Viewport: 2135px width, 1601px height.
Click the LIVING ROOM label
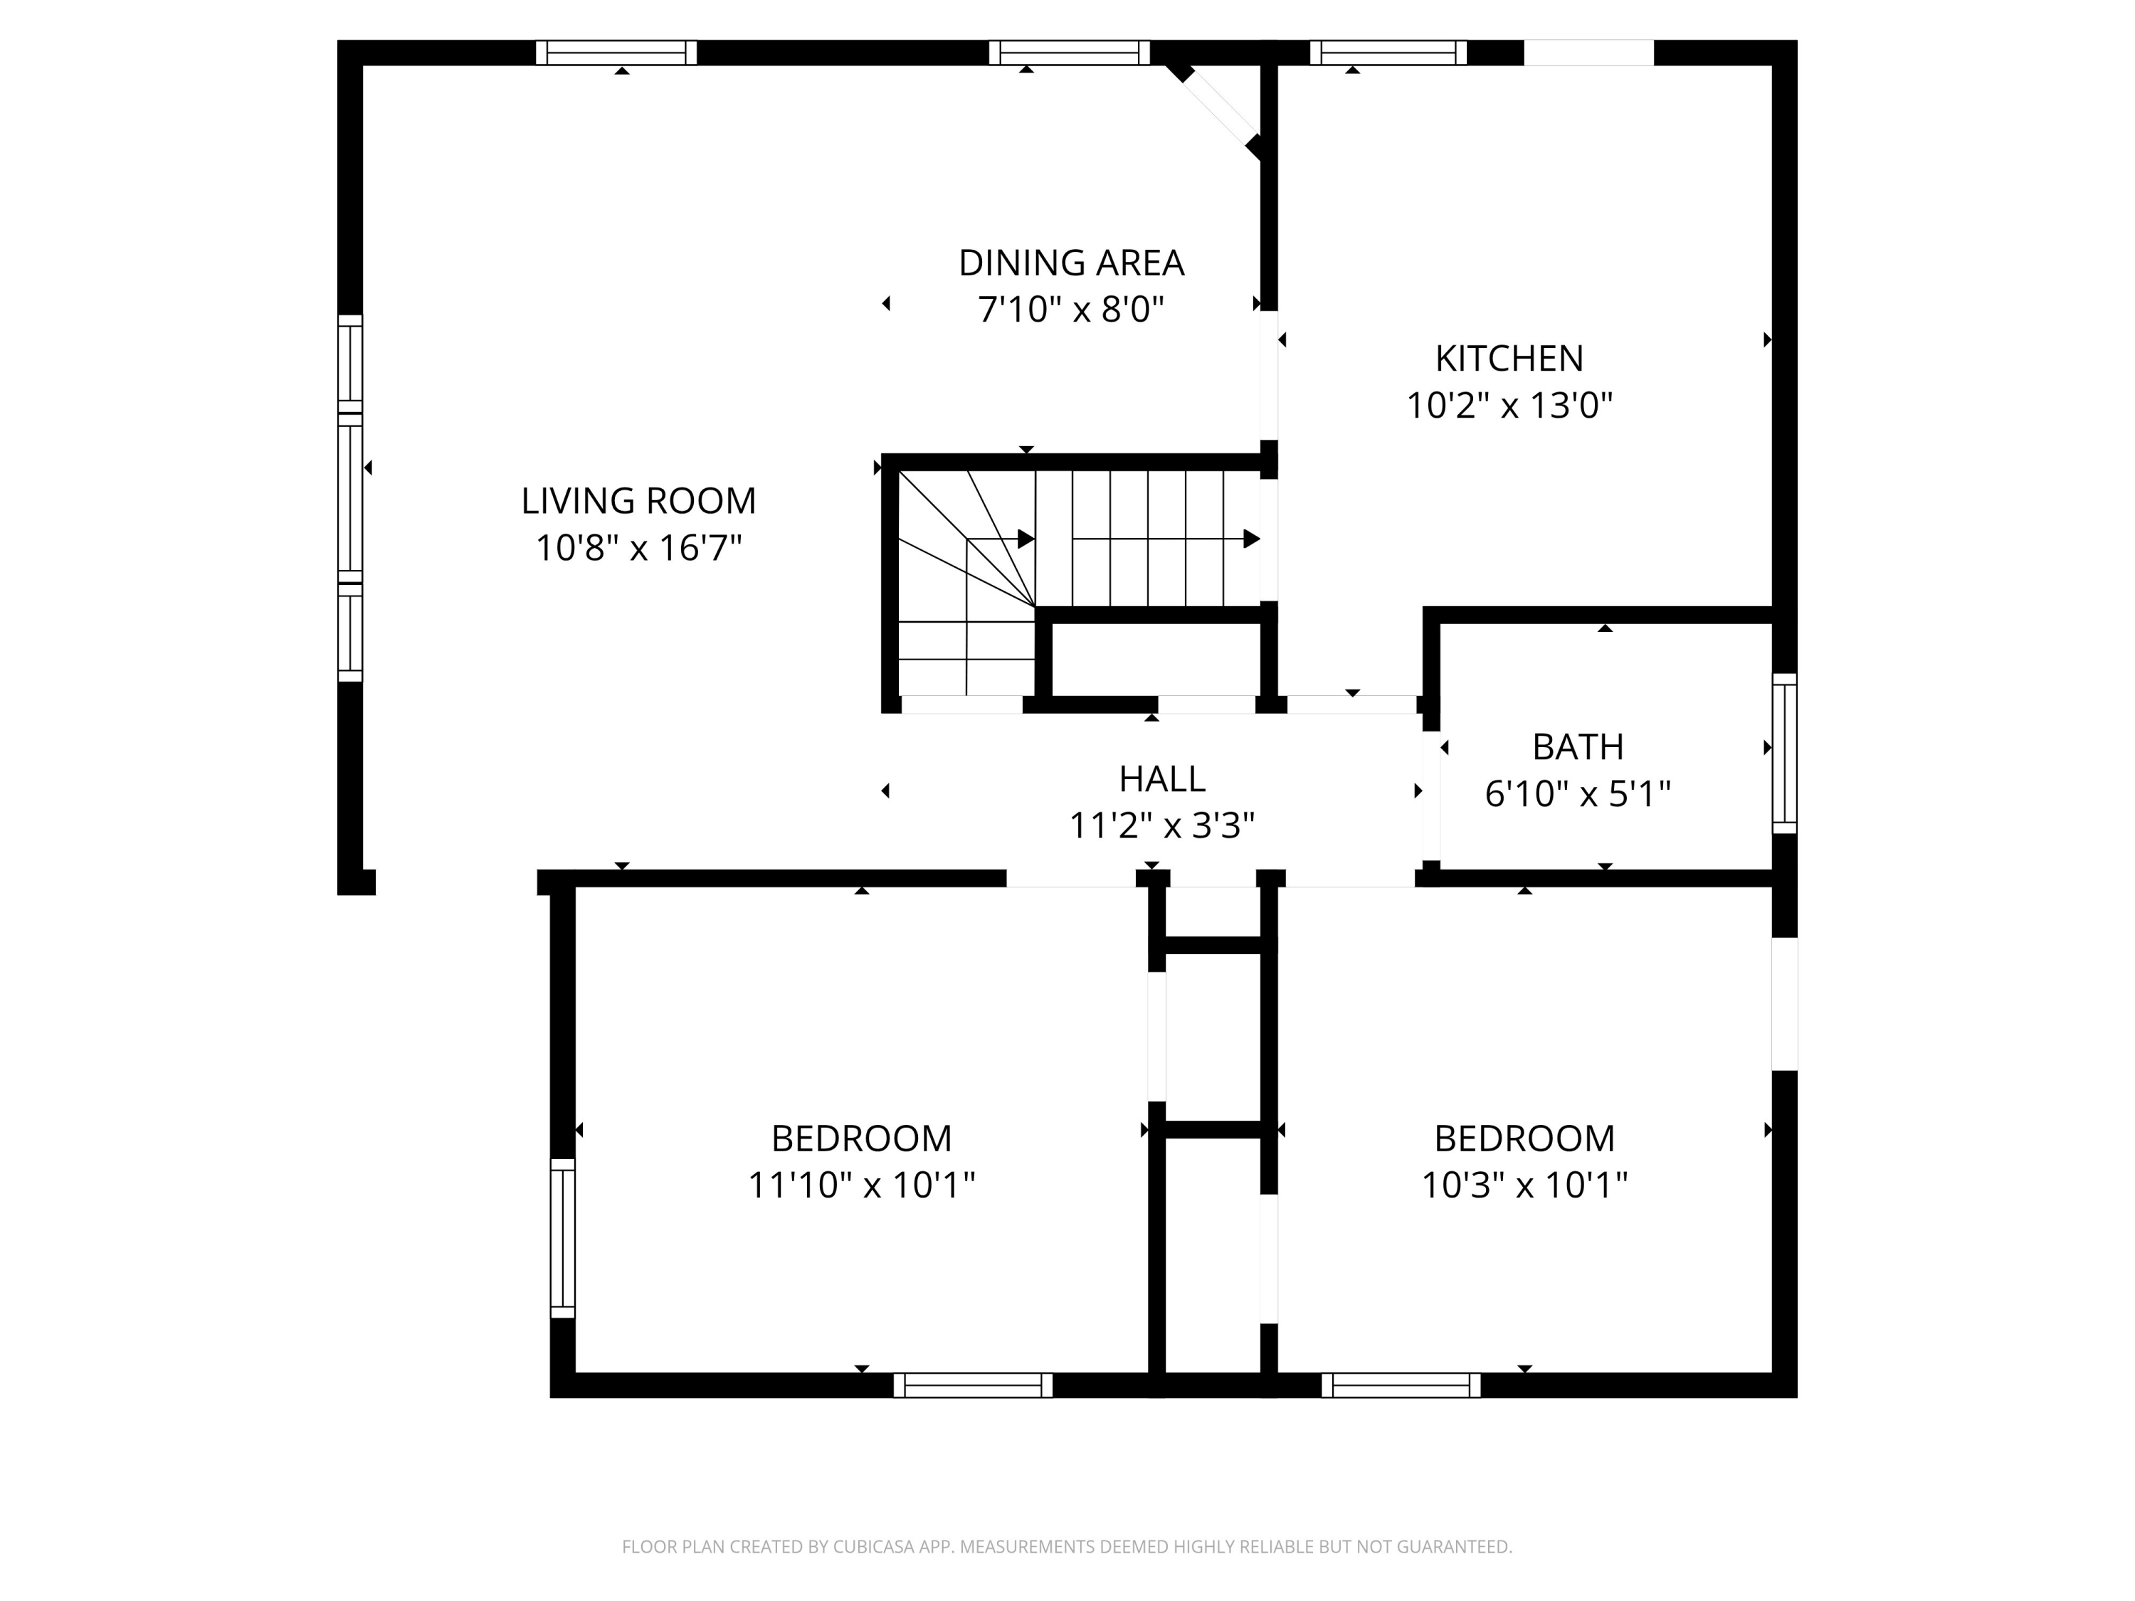click(638, 501)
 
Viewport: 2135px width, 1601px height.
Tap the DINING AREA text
click(1071, 263)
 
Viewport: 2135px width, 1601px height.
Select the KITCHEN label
click(1509, 358)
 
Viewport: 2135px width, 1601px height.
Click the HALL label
click(1162, 778)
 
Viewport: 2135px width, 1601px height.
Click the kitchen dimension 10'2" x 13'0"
click(1509, 406)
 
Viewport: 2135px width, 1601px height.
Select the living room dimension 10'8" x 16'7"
click(638, 548)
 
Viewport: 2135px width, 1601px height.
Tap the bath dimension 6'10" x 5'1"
click(1578, 793)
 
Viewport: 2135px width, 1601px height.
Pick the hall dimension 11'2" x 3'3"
click(1162, 826)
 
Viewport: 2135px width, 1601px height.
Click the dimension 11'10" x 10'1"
click(862, 1185)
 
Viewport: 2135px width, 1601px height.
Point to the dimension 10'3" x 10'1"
click(1525, 1185)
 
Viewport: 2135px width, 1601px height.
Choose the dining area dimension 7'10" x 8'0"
click(1071, 310)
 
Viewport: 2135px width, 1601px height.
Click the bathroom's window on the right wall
click(1785, 754)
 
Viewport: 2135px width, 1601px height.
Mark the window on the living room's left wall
click(349, 498)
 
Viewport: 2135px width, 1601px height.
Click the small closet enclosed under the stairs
click(1155, 659)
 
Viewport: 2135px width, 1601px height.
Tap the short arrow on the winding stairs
click(1001, 539)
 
